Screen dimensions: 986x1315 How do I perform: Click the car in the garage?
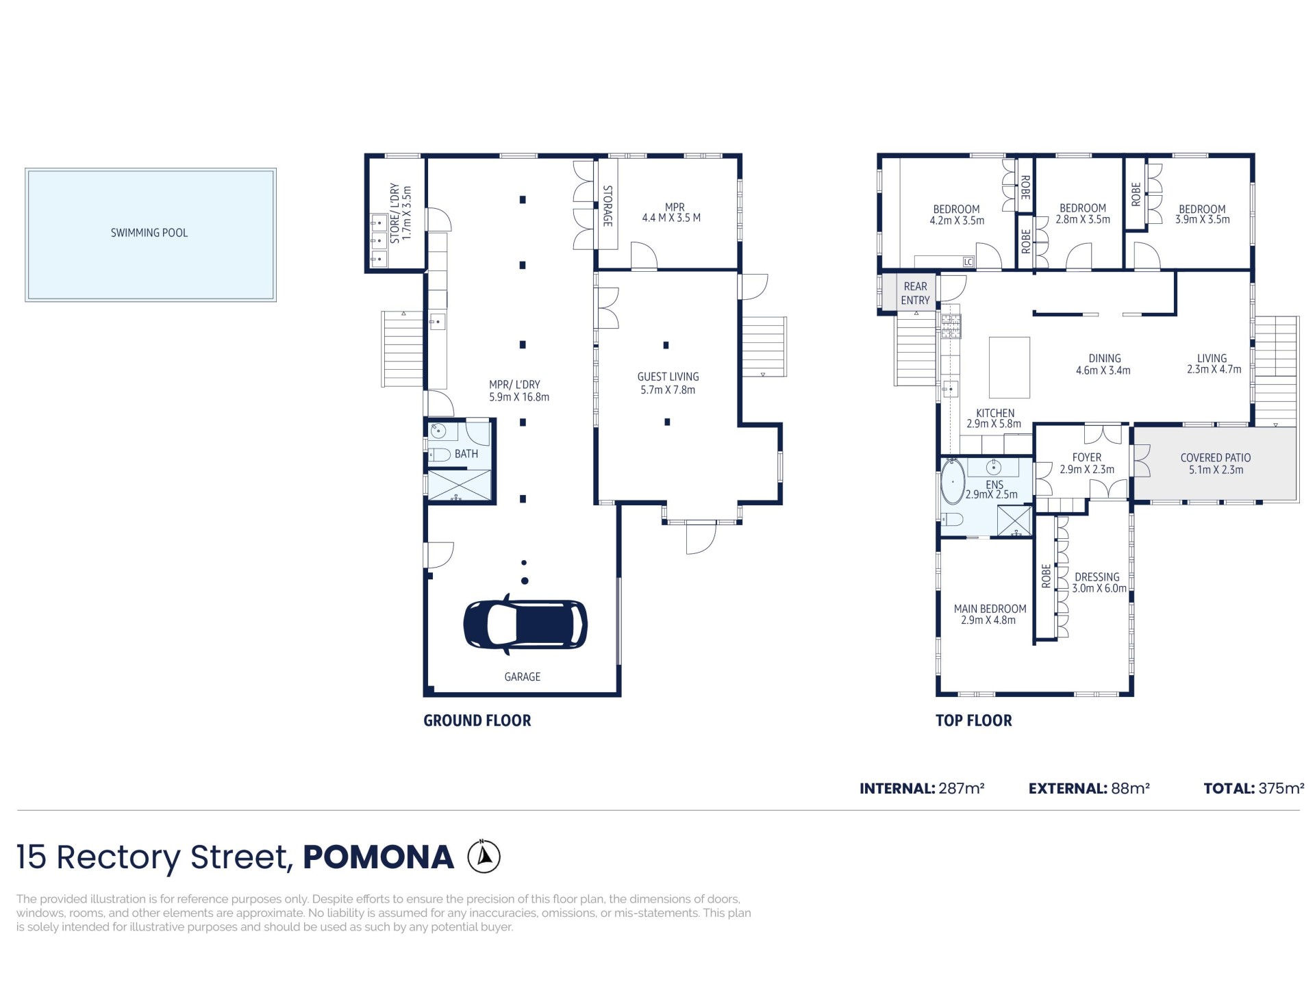525,624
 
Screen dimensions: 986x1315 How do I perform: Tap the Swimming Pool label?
149,233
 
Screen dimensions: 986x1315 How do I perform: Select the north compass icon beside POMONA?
484,857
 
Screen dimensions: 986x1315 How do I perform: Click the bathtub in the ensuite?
953,481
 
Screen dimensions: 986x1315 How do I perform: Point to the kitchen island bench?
1009,367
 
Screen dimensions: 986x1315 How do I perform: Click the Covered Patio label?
1215,457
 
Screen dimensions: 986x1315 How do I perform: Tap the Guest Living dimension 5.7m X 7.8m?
668,390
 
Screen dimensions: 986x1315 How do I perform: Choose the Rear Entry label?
915,293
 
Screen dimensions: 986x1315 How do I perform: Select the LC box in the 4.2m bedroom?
968,262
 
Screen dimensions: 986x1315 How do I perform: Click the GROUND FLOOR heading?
477,720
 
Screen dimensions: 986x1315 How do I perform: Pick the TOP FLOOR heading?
973,720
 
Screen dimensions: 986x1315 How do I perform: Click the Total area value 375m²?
1281,788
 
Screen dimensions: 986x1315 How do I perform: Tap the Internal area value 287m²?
961,788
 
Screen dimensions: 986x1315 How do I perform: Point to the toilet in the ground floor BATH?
439,454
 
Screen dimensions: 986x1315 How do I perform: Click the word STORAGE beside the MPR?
607,205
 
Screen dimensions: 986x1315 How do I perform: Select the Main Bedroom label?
990,609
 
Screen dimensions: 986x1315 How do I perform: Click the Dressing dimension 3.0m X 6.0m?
1099,588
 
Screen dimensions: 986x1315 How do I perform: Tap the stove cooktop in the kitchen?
951,326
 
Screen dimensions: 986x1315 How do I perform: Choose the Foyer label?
1086,457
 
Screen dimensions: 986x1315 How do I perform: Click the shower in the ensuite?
1014,521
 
